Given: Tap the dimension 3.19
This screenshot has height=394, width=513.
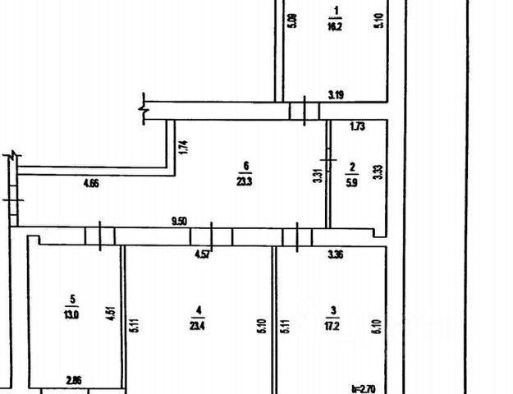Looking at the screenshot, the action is pos(336,95).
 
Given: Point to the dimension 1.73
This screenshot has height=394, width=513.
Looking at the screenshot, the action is pos(357,126).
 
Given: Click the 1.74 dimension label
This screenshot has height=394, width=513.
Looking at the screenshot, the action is pos(184,148).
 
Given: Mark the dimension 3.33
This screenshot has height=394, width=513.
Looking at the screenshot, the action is pos(378,172).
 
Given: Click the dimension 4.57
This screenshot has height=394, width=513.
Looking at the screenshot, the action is pos(200,255).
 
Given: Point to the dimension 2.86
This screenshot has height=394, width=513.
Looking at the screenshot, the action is pos(76,381).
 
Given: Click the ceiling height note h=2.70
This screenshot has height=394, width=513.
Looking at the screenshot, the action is pos(363,387).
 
